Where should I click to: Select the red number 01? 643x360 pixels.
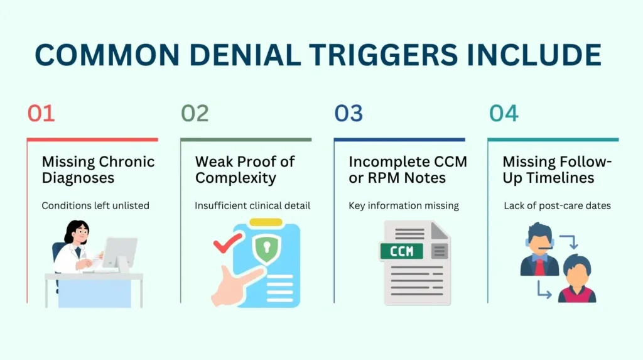point(41,113)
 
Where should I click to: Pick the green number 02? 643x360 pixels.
point(195,113)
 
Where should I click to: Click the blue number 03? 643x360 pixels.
point(349,113)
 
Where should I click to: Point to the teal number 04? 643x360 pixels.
point(504,113)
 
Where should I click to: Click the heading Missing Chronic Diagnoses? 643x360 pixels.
point(98,170)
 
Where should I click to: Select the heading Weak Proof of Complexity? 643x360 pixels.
point(245,170)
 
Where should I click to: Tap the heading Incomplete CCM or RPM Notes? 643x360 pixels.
point(408,170)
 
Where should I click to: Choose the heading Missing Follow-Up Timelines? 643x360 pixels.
point(556,170)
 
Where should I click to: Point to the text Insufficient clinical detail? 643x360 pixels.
point(252,205)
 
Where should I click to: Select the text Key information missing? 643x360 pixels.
point(404,205)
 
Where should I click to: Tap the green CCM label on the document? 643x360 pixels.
point(402,251)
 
